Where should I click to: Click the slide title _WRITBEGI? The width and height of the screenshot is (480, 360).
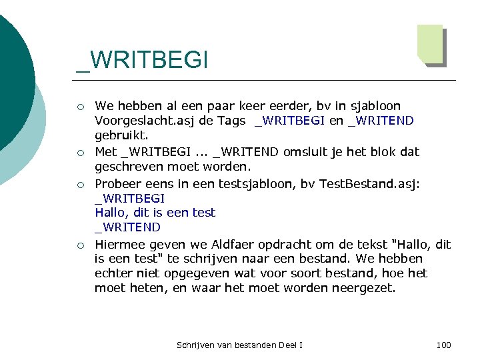click(142, 60)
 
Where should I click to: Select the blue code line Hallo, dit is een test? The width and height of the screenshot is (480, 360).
click(155, 213)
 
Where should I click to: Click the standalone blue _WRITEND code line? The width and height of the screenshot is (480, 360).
click(127, 227)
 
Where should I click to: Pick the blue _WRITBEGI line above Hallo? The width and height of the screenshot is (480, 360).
click(129, 198)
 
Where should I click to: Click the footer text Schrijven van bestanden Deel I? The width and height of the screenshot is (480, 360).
click(239, 345)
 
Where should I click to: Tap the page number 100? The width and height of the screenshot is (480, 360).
click(443, 345)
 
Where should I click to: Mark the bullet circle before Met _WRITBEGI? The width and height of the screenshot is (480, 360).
click(80, 153)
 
